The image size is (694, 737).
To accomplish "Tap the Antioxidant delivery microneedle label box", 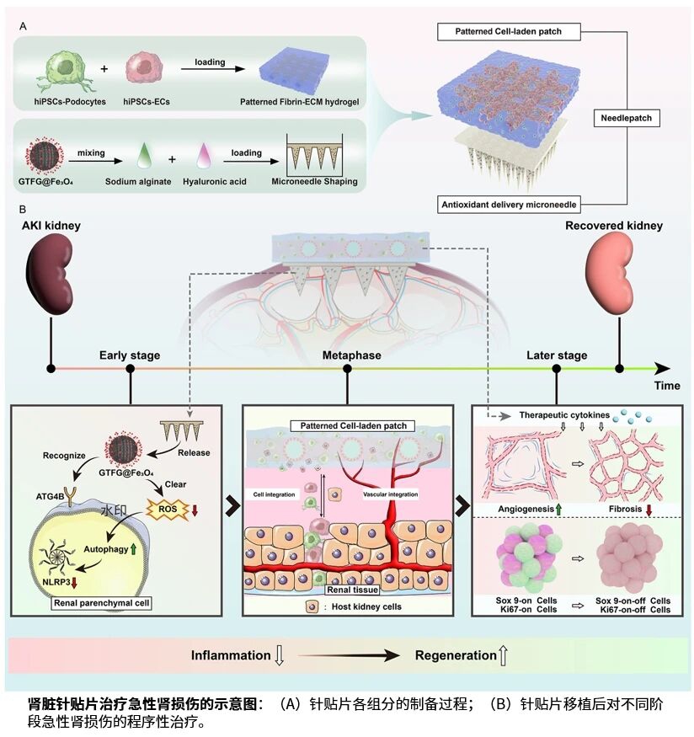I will (x=520, y=204).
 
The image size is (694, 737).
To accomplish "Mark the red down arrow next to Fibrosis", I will (x=651, y=510).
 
